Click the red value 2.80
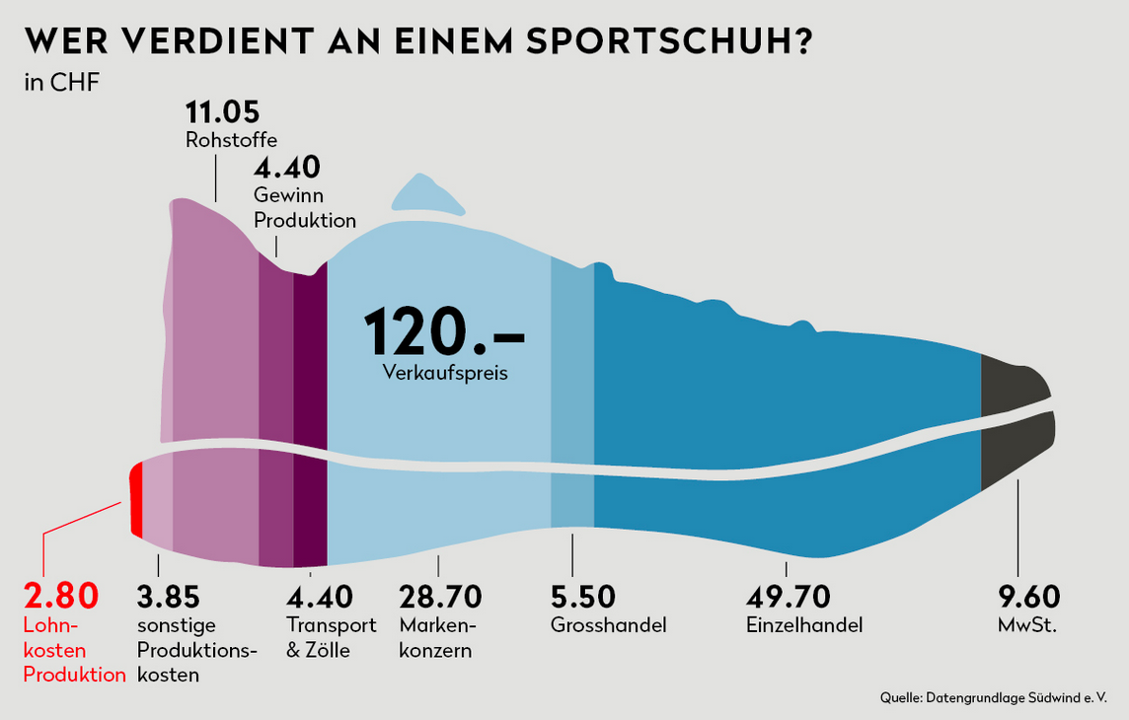(61, 597)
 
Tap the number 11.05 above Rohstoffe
(222, 112)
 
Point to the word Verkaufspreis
(444, 373)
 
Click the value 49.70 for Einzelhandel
(789, 597)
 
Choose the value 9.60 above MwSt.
(1029, 597)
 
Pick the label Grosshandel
(608, 625)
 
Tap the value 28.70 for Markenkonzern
(440, 597)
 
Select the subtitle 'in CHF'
(61, 82)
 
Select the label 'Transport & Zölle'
(332, 637)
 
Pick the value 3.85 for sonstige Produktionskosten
(168, 597)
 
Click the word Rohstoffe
(231, 140)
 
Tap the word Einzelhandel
(804, 625)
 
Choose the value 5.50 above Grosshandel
(582, 597)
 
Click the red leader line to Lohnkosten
(83, 516)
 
